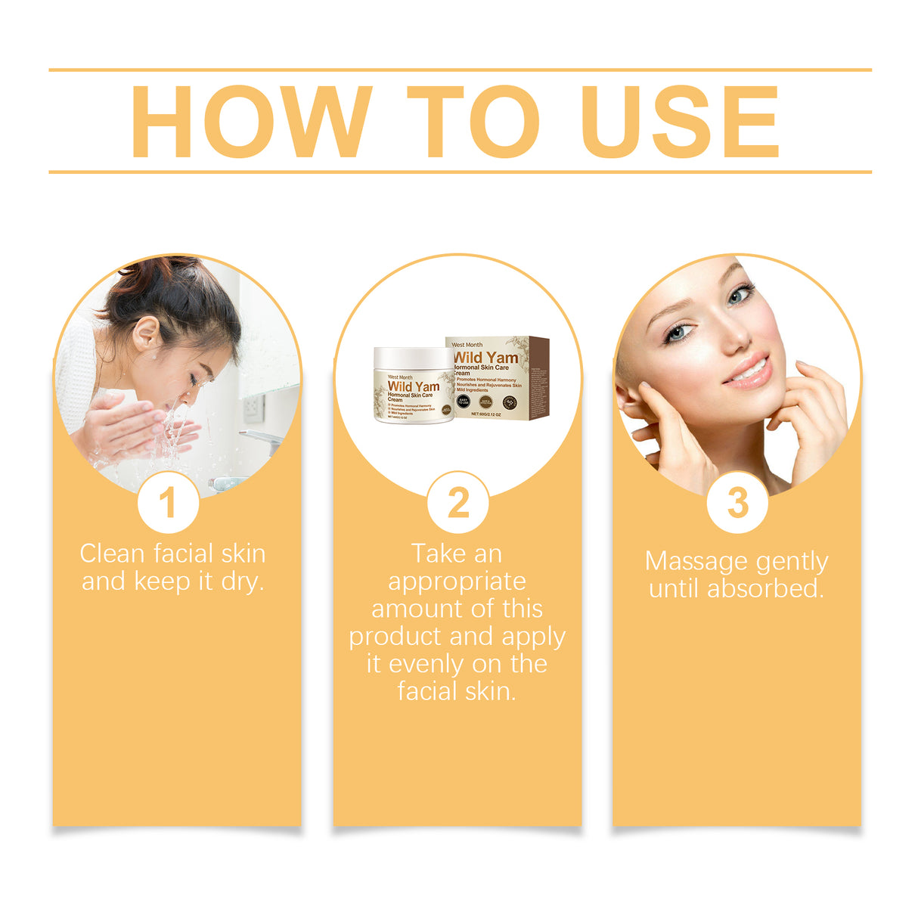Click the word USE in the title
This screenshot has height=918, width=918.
[x=680, y=122]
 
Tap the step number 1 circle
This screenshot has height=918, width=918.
[x=168, y=503]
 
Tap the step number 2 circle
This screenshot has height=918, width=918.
[x=458, y=503]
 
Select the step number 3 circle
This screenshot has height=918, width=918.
[x=737, y=503]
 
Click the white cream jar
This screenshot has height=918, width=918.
[x=414, y=386]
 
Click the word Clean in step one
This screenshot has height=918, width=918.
[x=112, y=554]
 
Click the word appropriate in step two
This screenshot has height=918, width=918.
[x=457, y=582]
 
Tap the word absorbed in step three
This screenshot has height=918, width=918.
[x=764, y=588]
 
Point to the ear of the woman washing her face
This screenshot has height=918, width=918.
[x=145, y=333]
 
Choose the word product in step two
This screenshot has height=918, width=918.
[x=397, y=637]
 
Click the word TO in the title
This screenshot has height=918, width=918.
[x=474, y=122]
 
